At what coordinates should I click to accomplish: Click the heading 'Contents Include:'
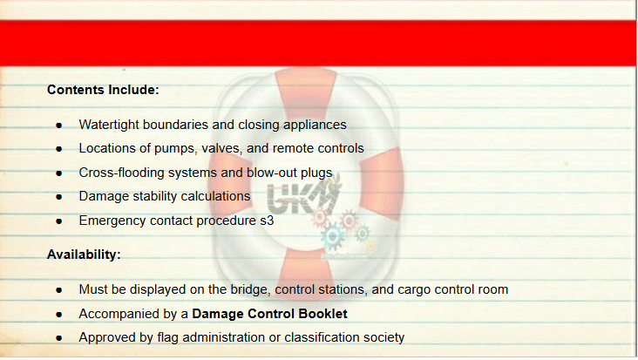click(x=103, y=90)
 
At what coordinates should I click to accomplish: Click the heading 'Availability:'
click(x=84, y=255)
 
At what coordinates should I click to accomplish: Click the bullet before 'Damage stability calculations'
click(x=59, y=197)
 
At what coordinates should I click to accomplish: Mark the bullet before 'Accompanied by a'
click(x=59, y=315)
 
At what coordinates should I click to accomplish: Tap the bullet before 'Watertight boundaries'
click(x=59, y=126)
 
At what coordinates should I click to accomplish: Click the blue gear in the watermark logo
click(x=332, y=236)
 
